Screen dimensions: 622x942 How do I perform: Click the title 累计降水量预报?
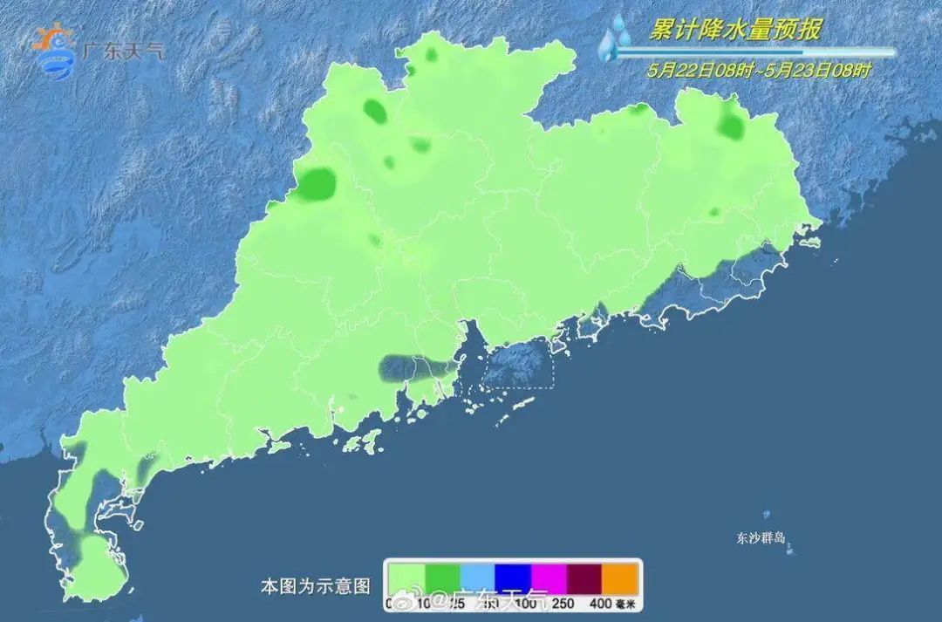[x=734, y=30]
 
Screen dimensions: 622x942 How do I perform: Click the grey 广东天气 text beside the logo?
[x=122, y=50]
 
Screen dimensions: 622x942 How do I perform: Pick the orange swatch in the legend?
[x=620, y=578]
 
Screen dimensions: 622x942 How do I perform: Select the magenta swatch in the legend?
[x=549, y=578]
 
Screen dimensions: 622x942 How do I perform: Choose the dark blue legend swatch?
[x=513, y=578]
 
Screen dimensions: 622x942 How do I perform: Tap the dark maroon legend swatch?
[x=584, y=578]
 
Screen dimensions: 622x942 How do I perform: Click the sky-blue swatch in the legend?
[x=477, y=578]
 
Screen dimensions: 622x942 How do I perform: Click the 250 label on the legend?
[x=563, y=603]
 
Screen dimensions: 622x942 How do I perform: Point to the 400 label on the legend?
[x=599, y=603]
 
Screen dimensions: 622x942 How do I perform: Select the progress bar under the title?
[x=755, y=51]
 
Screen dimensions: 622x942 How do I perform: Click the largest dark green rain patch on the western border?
[x=317, y=183]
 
